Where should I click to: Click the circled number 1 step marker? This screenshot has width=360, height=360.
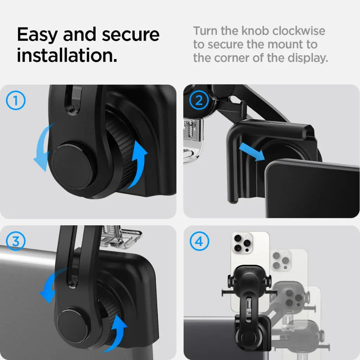16,101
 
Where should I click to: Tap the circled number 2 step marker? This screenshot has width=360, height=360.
199,101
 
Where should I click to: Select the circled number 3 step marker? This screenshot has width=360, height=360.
16,242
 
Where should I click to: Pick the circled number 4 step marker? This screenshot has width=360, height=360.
199,242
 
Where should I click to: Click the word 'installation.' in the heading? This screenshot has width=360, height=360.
67,56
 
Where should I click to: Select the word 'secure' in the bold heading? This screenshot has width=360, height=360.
131,34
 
